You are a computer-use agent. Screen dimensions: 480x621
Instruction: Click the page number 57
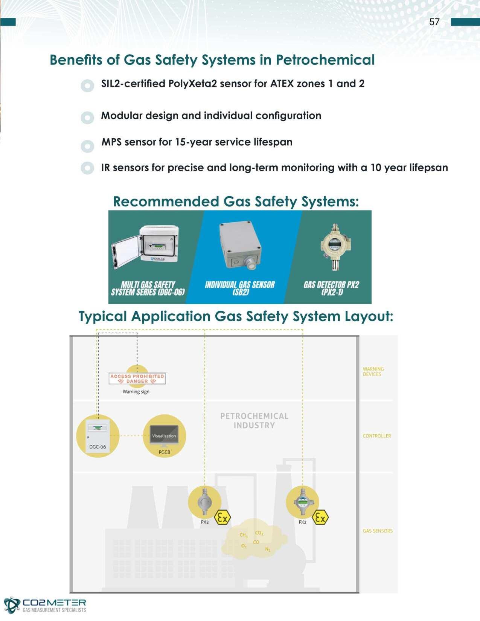(x=434, y=22)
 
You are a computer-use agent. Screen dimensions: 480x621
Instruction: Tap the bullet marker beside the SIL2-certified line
(x=87, y=85)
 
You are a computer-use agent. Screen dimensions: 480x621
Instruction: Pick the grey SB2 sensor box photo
(x=240, y=245)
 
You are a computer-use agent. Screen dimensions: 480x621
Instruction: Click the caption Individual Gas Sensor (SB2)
(x=240, y=288)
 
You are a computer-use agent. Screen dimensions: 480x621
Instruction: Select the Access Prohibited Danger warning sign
(x=137, y=378)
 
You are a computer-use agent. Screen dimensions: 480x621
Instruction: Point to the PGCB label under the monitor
(x=164, y=452)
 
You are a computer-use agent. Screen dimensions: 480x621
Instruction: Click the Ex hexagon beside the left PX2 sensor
(x=222, y=518)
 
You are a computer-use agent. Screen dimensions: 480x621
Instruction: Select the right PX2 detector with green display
(x=302, y=502)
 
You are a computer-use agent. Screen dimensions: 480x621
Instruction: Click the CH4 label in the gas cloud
(x=244, y=535)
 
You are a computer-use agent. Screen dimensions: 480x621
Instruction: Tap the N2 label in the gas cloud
(x=268, y=549)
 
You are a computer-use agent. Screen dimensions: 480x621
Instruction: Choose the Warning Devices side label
(x=373, y=371)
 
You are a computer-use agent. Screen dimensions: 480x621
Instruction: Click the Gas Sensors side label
(x=378, y=531)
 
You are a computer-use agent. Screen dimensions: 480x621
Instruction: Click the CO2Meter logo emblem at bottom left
(x=12, y=605)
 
